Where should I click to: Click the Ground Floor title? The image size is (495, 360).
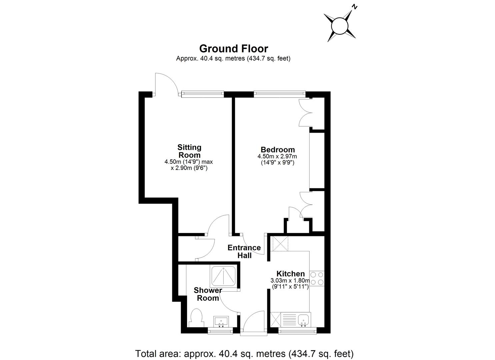coord(233,49)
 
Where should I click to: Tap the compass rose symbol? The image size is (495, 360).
coord(340,26)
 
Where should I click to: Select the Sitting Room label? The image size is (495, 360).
coord(189,151)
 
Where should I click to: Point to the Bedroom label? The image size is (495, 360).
coord(278,150)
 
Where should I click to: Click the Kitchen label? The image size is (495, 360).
coord(290,274)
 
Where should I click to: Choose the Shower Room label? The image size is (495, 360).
coord(208,294)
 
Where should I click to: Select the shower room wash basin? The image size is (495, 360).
coord(221,322)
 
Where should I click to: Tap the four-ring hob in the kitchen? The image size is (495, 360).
coord(317,278)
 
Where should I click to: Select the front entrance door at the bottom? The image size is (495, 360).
coord(253,322)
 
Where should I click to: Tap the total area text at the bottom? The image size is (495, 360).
coord(244,353)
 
